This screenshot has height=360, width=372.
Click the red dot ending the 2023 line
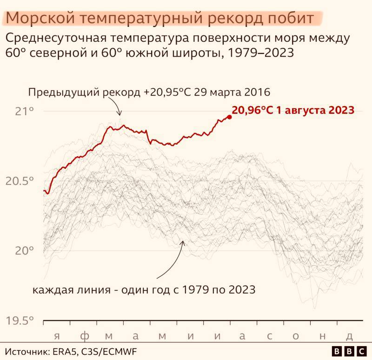229,117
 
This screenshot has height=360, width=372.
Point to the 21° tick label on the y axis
25,111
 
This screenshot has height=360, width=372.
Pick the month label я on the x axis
56,336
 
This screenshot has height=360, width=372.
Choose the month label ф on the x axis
83,336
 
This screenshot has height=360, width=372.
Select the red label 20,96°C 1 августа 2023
293,111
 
